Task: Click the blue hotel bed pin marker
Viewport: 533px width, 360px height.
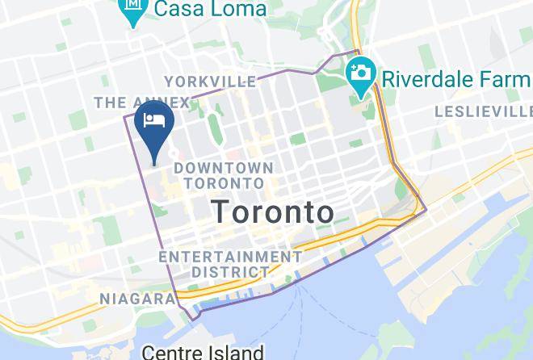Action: pos(154,129)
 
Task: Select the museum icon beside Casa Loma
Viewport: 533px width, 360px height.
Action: pos(131,10)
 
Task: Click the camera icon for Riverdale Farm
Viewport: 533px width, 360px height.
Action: pos(359,73)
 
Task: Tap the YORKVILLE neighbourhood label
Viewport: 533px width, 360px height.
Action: pos(210,82)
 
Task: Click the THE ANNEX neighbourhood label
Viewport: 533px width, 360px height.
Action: pos(141,103)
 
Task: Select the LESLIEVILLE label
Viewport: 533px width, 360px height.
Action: pos(483,111)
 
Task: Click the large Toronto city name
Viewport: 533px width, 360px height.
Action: pos(272,211)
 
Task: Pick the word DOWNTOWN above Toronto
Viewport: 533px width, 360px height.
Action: pos(224,167)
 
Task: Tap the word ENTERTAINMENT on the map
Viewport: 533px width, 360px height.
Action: pos(230,256)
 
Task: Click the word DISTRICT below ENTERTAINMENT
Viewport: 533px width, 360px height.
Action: pos(230,272)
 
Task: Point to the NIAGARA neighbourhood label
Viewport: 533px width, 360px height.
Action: pos(136,299)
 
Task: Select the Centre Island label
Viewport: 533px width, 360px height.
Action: pos(203,352)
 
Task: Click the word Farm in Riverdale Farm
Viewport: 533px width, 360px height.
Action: pos(510,79)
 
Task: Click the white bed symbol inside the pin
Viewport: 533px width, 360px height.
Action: pos(154,121)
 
